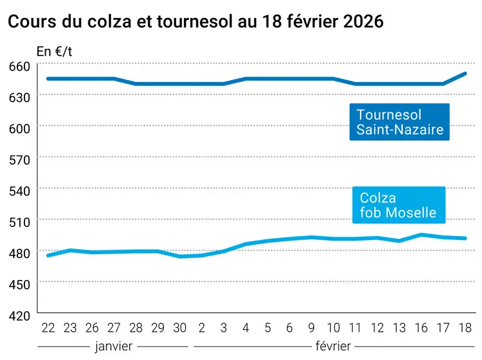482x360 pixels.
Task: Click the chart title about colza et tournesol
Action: point(195,21)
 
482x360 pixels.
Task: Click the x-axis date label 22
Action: point(48,328)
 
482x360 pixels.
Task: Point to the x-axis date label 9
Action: point(311,328)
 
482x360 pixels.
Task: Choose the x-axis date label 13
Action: point(399,328)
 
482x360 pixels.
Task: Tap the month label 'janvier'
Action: point(113,346)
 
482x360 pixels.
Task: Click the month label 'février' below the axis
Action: point(333,346)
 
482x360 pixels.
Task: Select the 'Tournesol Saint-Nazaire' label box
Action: point(400,122)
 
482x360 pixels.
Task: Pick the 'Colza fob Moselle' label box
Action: point(399,205)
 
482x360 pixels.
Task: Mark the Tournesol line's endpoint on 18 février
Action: point(465,74)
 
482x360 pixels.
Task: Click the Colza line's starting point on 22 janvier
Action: point(48,255)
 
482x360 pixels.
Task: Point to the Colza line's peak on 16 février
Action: point(421,235)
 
